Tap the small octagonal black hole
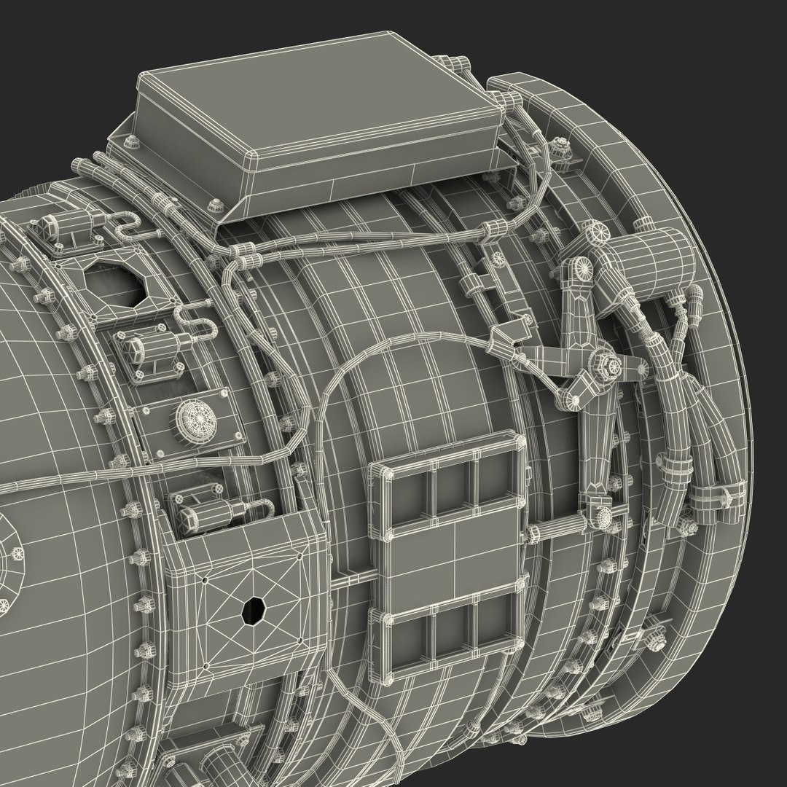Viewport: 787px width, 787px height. pyautogui.click(x=253, y=610)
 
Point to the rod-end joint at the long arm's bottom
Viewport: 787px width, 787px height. pyautogui.click(x=603, y=516)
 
